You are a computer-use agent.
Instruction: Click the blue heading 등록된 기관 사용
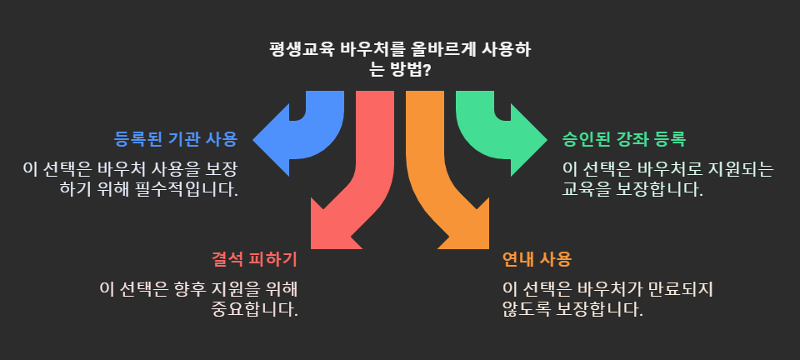click(175, 138)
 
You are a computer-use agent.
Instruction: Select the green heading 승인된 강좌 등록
click(624, 138)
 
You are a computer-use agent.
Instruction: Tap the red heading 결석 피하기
click(254, 259)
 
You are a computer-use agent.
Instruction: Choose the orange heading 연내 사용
click(537, 259)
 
